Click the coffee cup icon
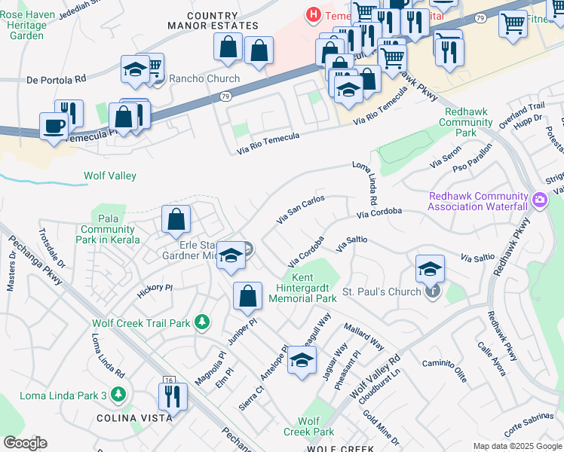click(53, 125)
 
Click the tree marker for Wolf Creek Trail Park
click(201, 322)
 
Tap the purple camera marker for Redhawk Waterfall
click(539, 200)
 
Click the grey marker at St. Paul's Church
click(431, 291)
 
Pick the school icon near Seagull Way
click(302, 360)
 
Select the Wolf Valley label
click(109, 176)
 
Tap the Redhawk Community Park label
click(466, 122)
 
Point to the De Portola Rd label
click(57, 78)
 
